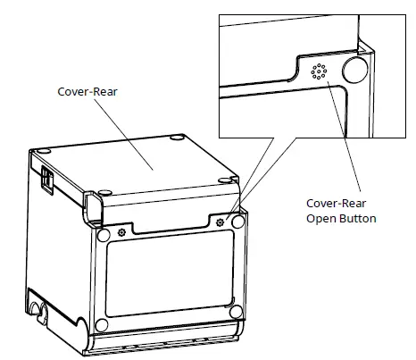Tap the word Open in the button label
[x=320, y=218]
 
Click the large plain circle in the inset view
[x=355, y=70]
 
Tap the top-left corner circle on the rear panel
[x=102, y=234]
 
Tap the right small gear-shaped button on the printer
[x=220, y=220]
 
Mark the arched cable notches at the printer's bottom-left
[x=38, y=309]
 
